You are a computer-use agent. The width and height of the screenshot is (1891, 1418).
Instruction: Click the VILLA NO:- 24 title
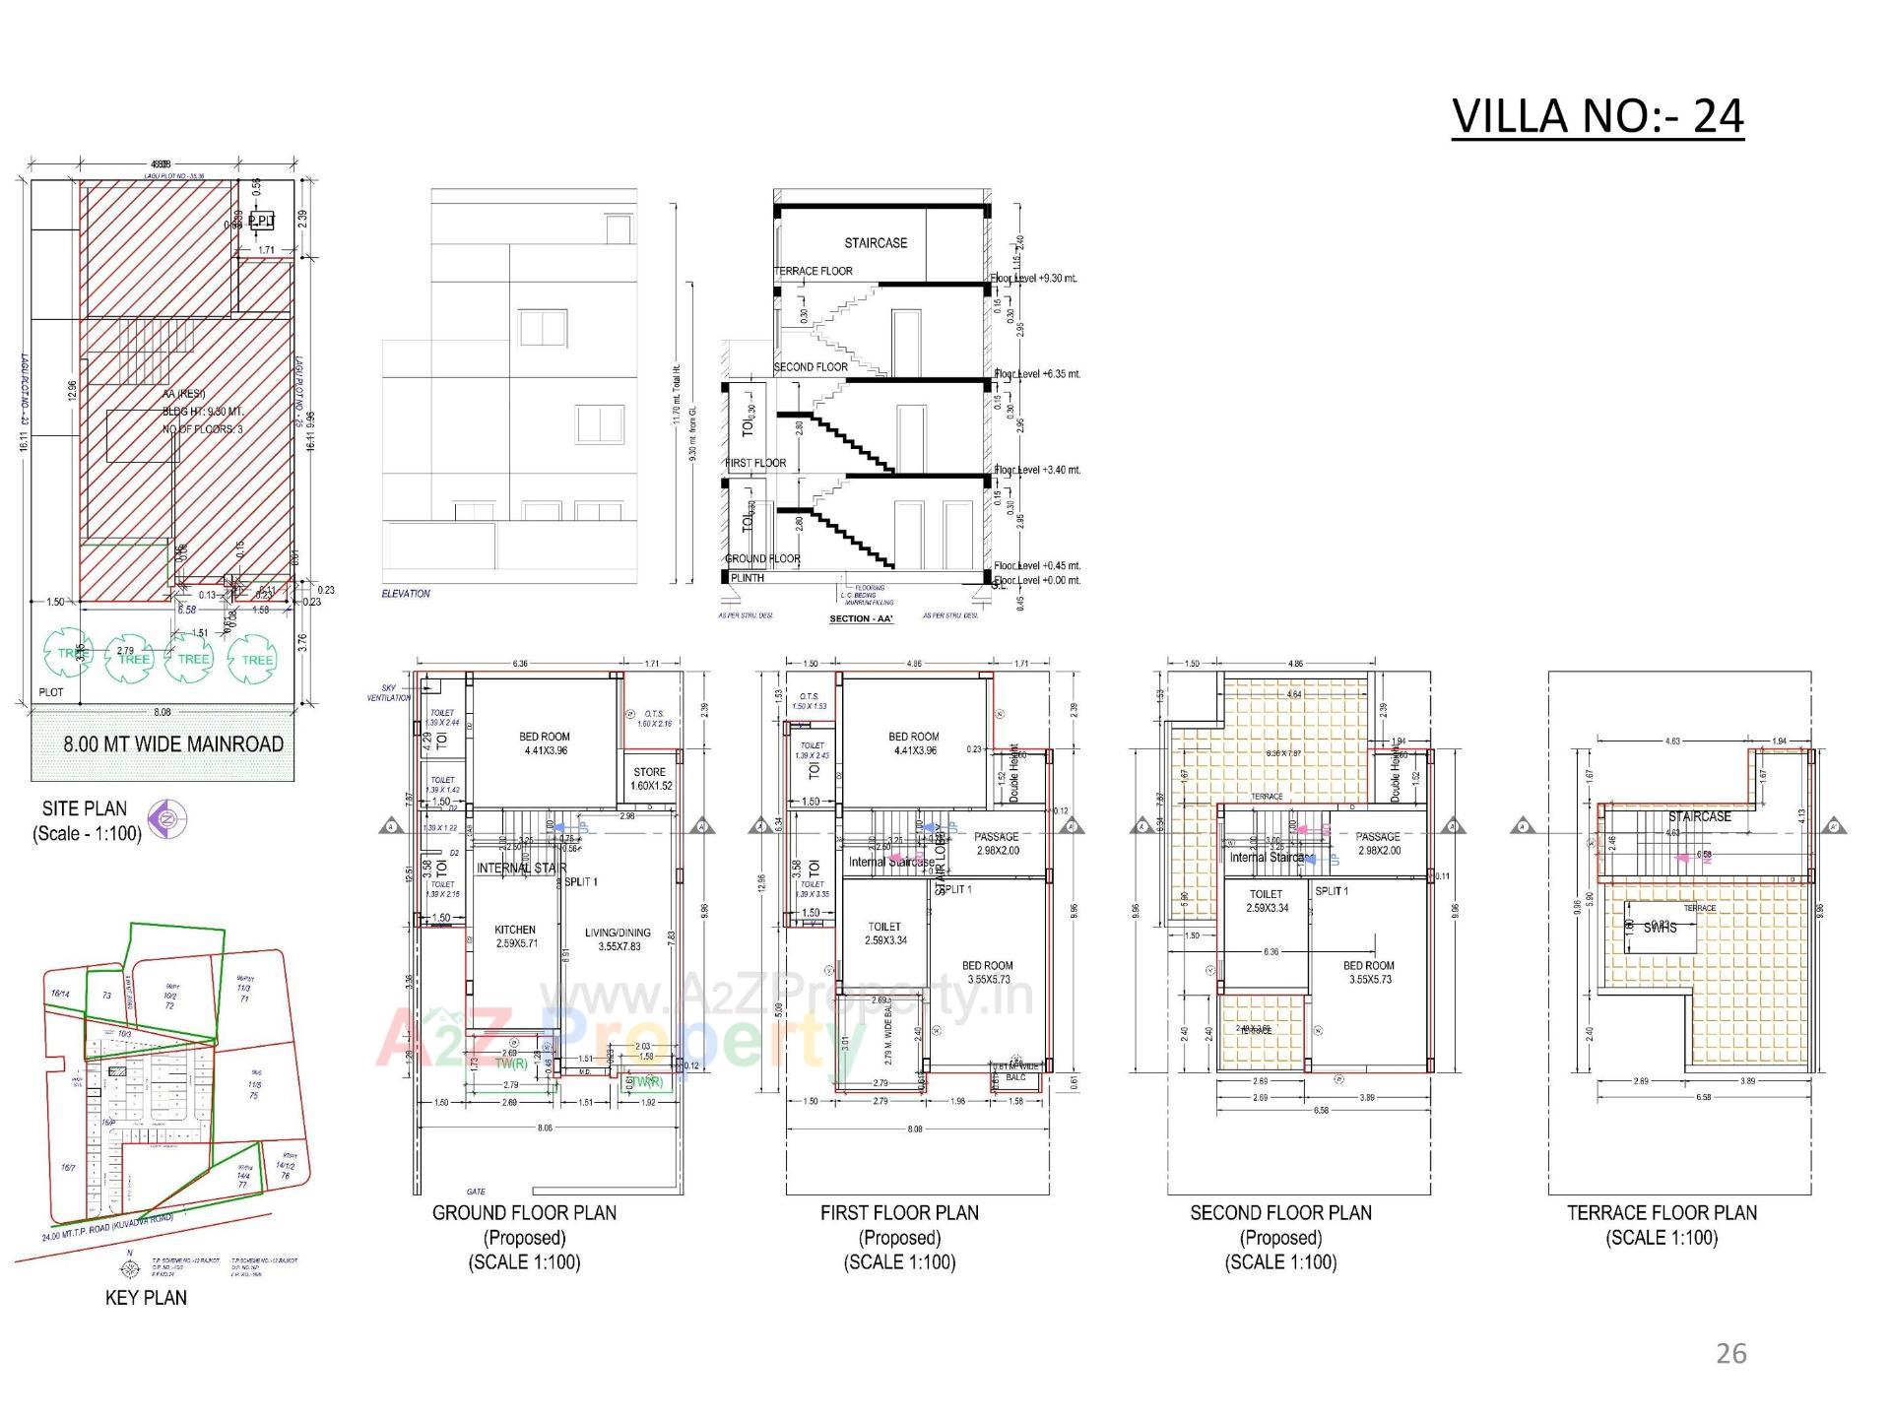1598,117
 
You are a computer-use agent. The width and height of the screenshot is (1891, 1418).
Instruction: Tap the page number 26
1730,1353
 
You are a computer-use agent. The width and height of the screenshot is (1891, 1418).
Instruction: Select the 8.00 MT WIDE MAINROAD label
173,744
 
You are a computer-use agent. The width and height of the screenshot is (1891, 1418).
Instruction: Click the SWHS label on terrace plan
1660,928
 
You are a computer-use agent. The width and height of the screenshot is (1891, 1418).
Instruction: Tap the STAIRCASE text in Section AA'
876,243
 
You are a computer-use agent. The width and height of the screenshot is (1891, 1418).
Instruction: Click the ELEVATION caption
406,594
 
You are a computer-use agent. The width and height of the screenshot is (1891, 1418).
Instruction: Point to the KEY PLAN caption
146,1298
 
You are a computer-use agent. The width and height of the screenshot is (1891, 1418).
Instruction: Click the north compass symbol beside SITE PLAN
167,817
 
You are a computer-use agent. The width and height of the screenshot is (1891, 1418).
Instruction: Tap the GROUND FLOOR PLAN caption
524,1213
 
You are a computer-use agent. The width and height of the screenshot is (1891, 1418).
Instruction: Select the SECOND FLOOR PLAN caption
1280,1213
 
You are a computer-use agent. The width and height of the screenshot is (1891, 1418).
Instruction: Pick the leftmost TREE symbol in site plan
71,654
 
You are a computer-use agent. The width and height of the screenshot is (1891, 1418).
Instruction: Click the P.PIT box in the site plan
261,221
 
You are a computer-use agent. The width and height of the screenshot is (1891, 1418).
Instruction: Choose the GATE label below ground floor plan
476,1192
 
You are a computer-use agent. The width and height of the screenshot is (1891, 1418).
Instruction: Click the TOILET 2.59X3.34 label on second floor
1267,901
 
